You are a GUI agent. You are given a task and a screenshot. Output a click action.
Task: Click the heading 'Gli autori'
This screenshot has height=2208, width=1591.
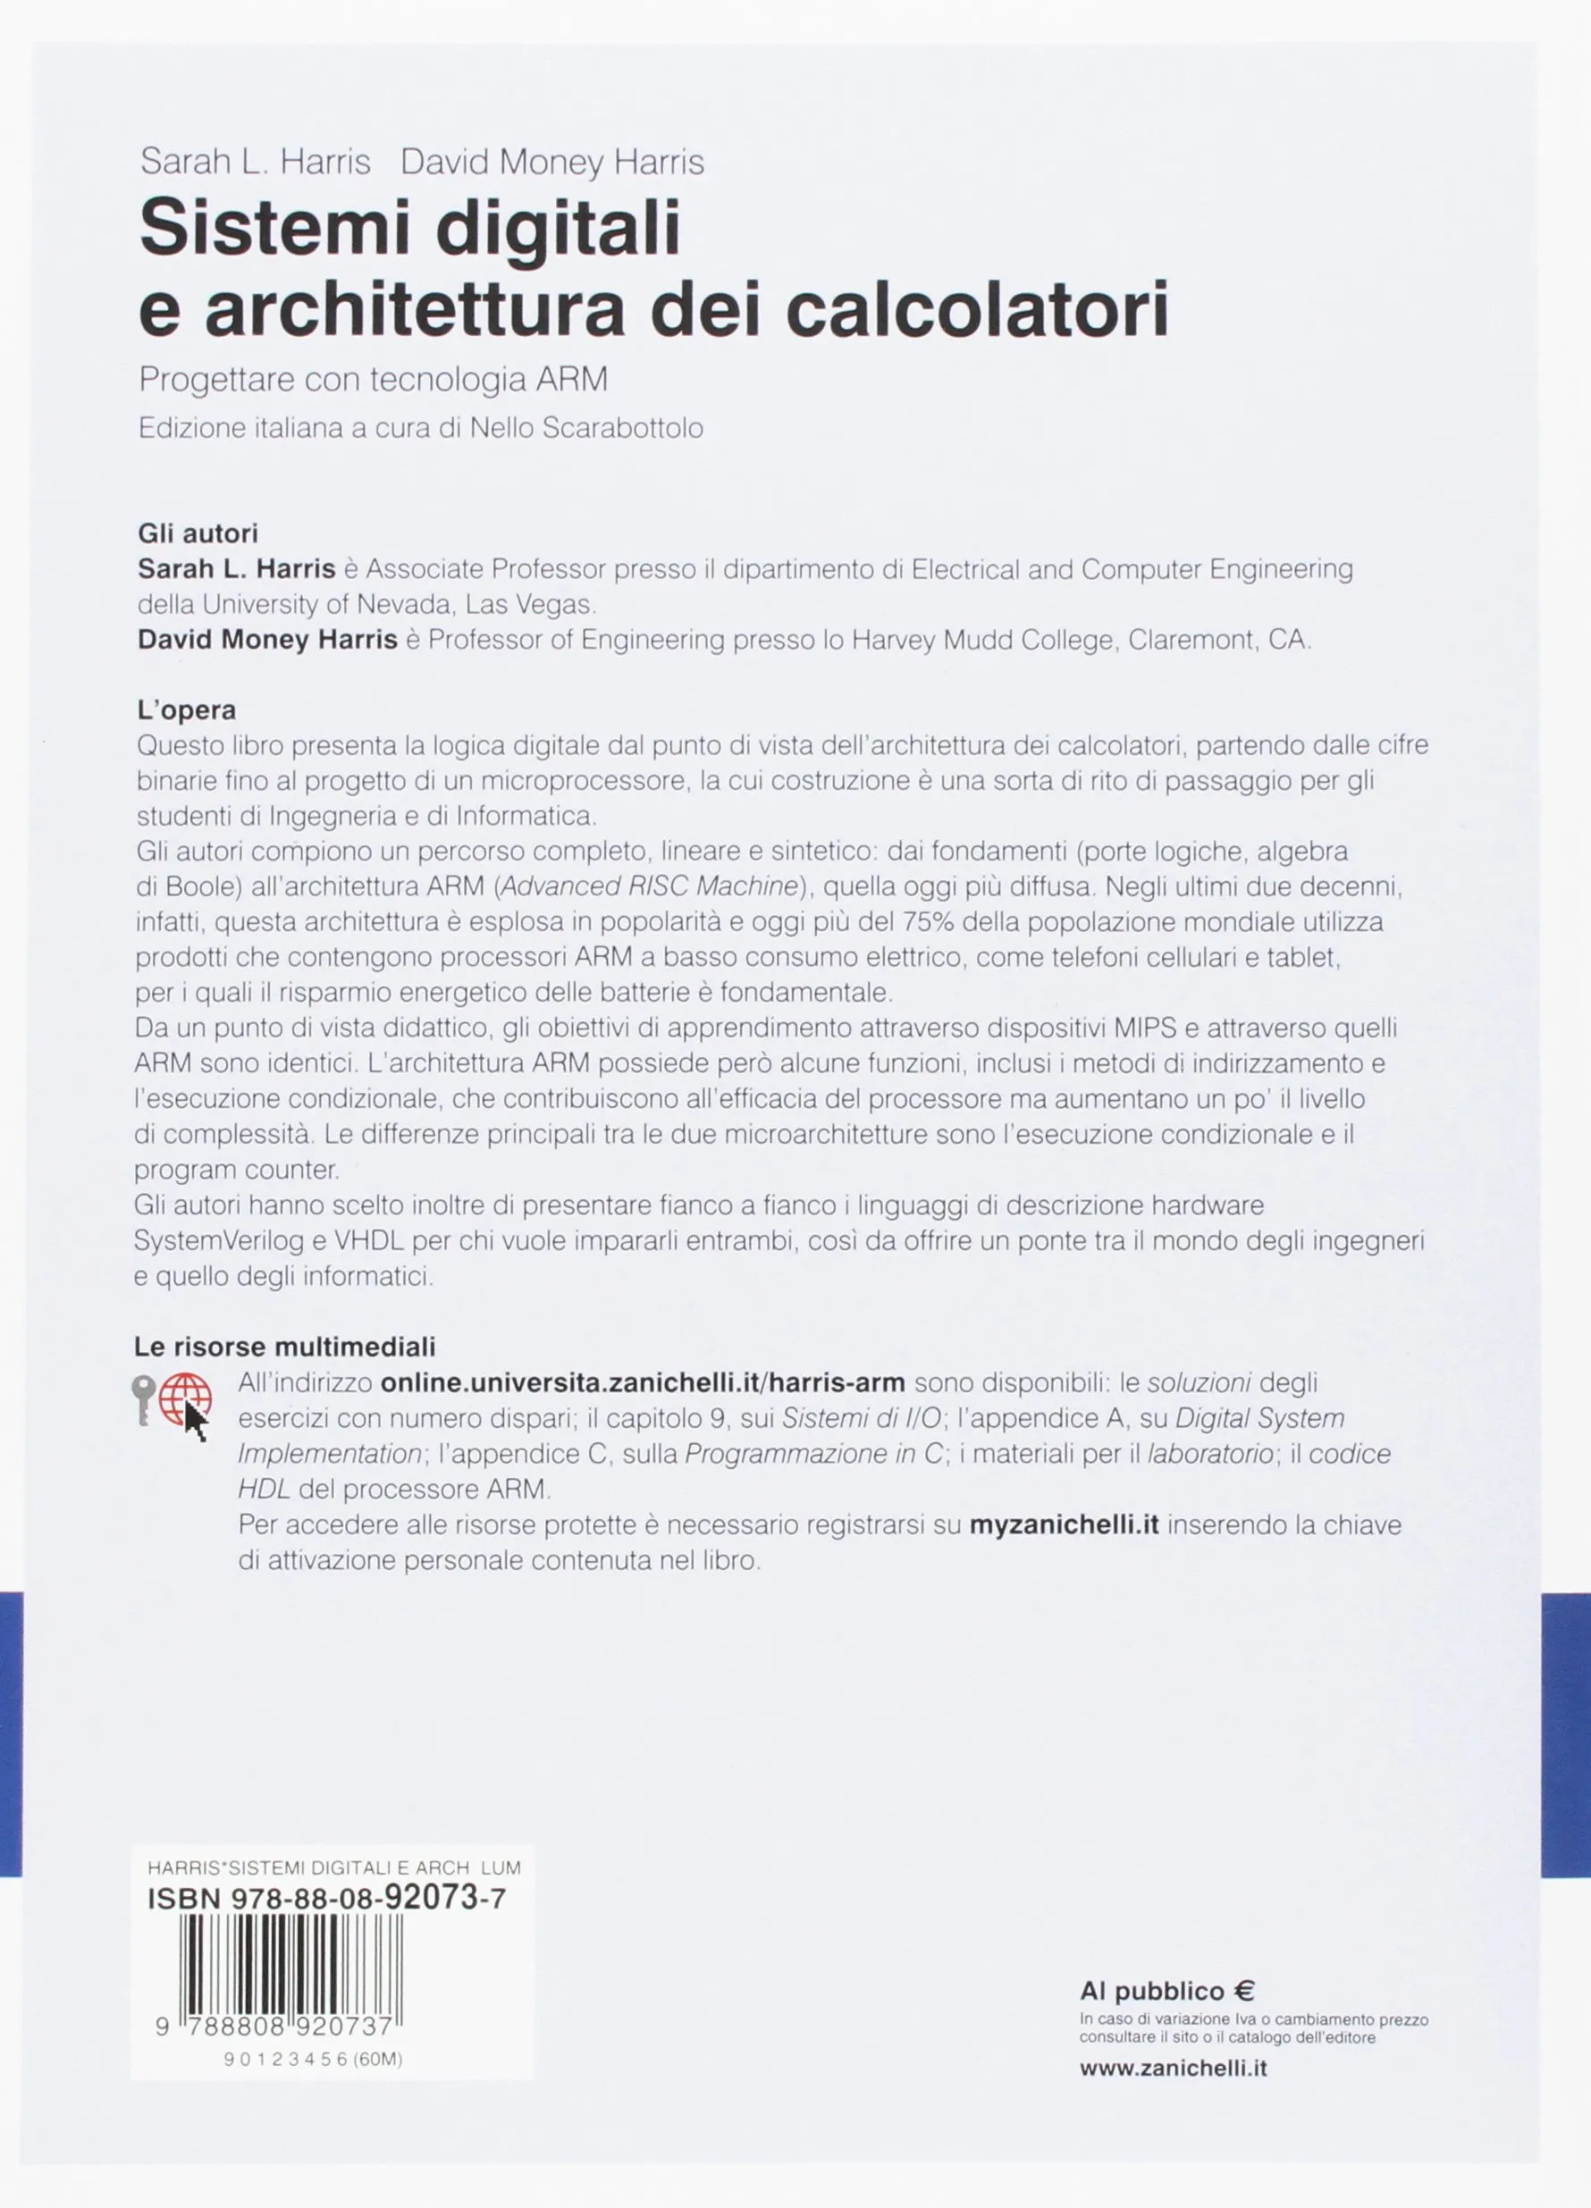198,533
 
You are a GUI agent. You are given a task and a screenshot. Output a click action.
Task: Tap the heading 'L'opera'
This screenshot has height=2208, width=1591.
187,709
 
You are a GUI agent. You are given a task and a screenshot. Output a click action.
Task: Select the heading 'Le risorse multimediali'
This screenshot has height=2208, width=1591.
284,1347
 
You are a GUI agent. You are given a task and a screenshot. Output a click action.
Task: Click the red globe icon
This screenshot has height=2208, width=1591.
185,1399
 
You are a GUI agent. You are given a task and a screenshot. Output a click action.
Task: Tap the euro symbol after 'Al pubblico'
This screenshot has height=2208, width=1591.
1244,1992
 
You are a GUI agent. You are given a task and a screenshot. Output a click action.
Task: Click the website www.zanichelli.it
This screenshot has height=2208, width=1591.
1174,2068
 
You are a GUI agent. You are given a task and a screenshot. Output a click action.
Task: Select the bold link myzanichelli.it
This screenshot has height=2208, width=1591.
1065,1524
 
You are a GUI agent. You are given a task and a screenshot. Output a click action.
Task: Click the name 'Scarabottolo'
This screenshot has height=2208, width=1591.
621,428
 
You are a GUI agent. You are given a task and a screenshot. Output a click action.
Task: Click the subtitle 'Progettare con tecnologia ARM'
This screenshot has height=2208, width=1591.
373,380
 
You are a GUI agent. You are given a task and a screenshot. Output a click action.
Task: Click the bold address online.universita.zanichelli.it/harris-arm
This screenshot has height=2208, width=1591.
643,1382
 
